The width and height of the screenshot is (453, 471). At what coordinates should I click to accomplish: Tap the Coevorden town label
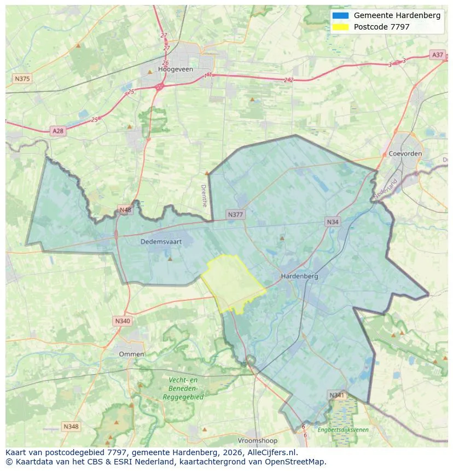click(405, 154)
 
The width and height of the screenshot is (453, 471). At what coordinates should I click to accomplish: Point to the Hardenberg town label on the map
click(299, 276)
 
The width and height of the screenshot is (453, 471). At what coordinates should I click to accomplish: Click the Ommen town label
click(131, 354)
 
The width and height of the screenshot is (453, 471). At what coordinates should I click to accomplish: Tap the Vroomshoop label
click(258, 440)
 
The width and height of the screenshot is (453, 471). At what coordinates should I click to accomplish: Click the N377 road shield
click(235, 214)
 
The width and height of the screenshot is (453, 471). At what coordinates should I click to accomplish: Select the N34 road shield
click(332, 222)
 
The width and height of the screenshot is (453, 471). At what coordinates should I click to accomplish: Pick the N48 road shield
click(125, 210)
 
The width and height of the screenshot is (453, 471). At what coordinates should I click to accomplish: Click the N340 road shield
click(123, 321)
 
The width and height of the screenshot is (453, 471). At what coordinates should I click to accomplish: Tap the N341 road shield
click(336, 394)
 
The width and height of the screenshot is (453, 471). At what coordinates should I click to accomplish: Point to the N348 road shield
click(71, 426)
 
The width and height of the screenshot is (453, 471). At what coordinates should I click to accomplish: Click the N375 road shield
click(22, 79)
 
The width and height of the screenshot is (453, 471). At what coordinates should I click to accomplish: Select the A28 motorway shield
click(57, 131)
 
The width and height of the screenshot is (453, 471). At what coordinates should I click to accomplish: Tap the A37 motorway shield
click(437, 55)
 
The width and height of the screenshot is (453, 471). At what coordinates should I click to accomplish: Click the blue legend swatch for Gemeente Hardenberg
click(340, 15)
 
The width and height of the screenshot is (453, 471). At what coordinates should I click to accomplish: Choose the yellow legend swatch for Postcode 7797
click(340, 27)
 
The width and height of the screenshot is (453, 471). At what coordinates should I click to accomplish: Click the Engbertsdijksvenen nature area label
click(343, 430)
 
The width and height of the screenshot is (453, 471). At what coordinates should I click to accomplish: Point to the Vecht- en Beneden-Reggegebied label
click(183, 388)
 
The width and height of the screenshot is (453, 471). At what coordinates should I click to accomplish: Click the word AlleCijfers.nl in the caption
click(272, 452)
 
